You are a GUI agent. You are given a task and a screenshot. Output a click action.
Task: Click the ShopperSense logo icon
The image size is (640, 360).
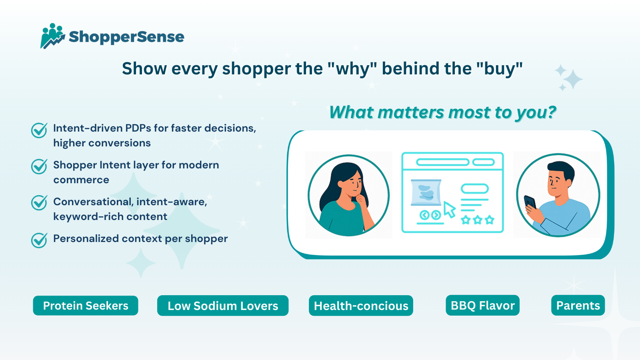click(x=53, y=36)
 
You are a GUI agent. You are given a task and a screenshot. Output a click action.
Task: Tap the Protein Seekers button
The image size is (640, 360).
click(x=86, y=306)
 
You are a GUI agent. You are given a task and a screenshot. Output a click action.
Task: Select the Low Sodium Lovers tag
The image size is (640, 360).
click(x=223, y=306)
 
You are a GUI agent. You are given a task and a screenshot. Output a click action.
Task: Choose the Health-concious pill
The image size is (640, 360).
click(x=361, y=306)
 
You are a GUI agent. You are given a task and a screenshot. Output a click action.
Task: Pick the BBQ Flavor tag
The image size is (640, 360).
click(x=482, y=306)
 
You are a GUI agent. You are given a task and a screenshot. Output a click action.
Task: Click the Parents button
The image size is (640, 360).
click(x=578, y=306)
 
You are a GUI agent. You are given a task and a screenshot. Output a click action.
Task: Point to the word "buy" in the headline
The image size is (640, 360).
click(x=500, y=68)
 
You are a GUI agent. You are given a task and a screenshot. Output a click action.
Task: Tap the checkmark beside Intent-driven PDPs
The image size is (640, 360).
click(x=39, y=130)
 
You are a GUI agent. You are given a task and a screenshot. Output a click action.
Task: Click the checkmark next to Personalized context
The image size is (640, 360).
click(x=39, y=240)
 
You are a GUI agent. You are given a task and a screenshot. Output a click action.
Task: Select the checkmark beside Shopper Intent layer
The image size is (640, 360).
click(x=39, y=166)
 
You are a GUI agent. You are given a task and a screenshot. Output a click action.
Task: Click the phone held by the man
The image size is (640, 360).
click(x=530, y=202)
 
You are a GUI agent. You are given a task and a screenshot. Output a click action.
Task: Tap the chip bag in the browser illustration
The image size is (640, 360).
click(x=426, y=192)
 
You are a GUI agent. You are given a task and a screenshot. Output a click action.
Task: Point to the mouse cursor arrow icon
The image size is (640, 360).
click(x=450, y=210)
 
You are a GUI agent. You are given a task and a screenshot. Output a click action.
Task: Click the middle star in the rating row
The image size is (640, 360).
click(x=478, y=220)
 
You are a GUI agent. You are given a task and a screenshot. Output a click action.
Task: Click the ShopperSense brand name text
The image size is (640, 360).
click(x=126, y=37)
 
